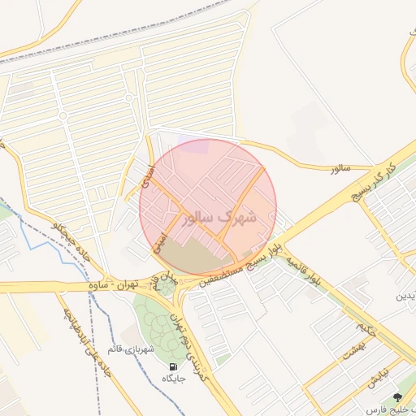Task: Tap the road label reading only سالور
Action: [x=340, y=168]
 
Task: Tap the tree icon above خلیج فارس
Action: [x=397, y=396]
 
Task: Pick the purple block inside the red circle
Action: [x=194, y=146]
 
